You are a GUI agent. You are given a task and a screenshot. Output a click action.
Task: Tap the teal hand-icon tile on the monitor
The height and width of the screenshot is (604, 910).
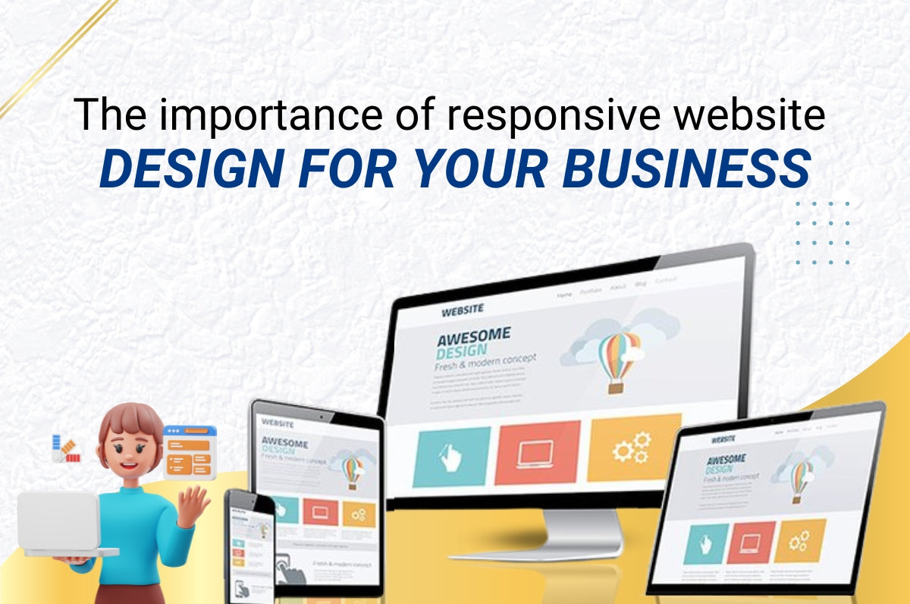451,456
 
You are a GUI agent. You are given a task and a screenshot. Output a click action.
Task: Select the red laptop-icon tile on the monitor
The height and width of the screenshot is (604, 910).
537,451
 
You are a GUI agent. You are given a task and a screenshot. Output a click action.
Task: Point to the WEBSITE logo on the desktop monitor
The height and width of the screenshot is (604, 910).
462,310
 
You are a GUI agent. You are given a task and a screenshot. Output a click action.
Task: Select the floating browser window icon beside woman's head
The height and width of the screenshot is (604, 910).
190,451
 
